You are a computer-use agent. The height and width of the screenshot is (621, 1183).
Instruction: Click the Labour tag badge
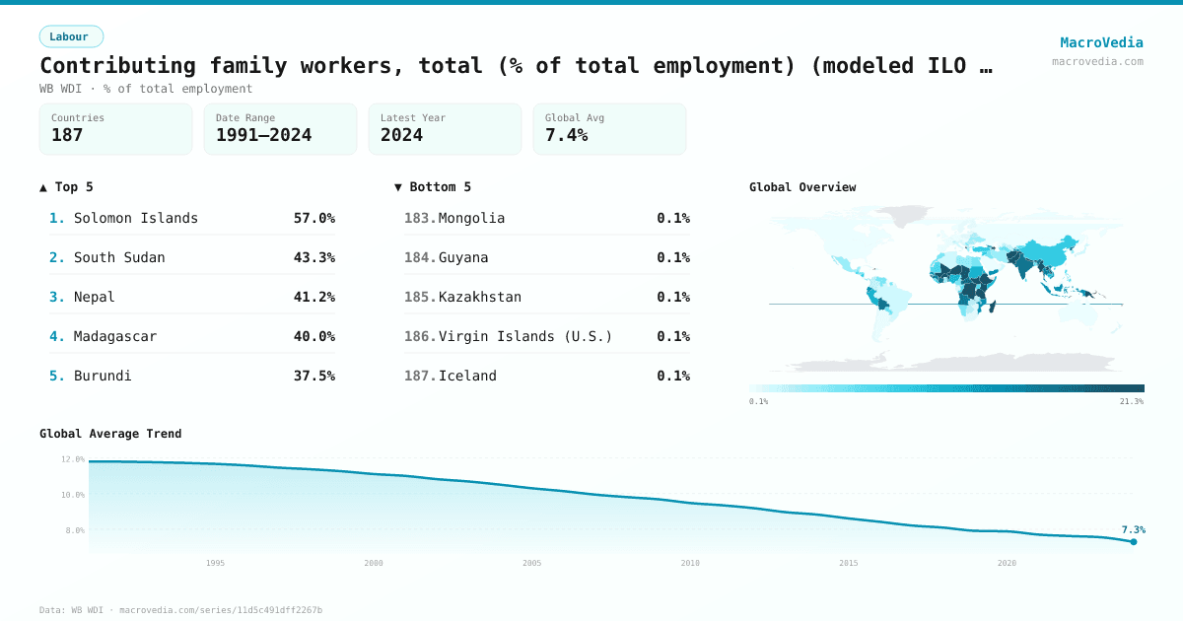pos(70,36)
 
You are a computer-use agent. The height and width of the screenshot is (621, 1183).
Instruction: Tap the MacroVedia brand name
pos(1101,42)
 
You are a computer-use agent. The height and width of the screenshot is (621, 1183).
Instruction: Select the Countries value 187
pos(67,135)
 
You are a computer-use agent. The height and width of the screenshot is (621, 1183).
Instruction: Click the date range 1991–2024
pos(263,135)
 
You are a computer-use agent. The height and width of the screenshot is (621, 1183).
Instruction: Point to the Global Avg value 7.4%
pos(566,135)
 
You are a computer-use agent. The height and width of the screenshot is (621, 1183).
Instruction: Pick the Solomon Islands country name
pos(136,218)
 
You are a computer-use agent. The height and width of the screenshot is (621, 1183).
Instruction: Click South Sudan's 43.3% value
pos(313,257)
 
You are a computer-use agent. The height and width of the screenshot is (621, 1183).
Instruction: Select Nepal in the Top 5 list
pos(95,297)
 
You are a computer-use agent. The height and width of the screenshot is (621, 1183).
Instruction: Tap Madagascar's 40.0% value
pos(313,336)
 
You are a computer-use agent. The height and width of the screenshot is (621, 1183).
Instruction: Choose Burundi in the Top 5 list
pos(103,376)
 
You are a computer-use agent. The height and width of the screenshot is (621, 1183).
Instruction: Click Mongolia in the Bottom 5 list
pos(471,218)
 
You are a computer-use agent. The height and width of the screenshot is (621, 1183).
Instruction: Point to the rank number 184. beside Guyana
pos(420,257)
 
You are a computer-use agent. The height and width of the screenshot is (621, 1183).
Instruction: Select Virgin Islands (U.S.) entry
pos(524,336)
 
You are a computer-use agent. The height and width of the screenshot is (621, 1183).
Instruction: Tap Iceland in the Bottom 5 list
pos(467,376)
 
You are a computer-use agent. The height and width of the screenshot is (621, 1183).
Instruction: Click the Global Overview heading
pos(802,187)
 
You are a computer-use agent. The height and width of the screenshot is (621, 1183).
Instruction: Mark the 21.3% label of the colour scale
pos(1132,401)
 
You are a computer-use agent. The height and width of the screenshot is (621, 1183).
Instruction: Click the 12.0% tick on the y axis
pos(73,459)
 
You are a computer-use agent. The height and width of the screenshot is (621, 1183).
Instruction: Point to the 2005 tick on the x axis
pos(531,563)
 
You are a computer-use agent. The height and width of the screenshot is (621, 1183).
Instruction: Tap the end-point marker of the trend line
pos(1134,541)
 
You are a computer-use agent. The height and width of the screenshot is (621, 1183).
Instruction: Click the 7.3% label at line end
pos(1133,529)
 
